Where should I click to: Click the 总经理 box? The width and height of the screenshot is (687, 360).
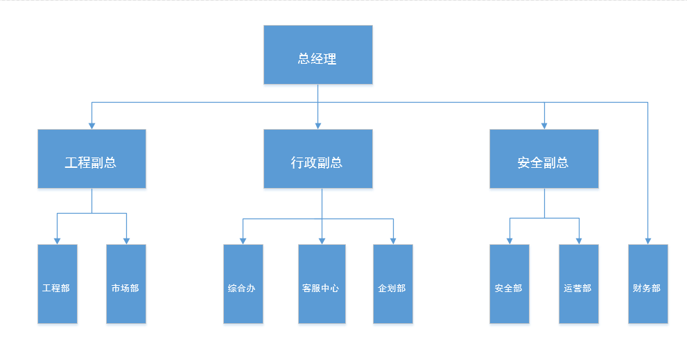[x=318, y=55]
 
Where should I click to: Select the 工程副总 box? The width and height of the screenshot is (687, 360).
[x=92, y=159]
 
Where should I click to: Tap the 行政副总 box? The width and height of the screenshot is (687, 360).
[x=318, y=159]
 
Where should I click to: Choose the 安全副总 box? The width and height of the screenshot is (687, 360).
[x=544, y=159]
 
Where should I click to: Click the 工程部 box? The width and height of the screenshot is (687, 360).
[x=58, y=284]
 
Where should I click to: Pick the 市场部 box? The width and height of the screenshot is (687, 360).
[x=126, y=284]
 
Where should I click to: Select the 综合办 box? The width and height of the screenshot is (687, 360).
[x=243, y=284]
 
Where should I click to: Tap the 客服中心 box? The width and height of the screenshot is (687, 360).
[x=322, y=284]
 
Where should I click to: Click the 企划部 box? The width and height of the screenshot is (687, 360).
[x=393, y=284]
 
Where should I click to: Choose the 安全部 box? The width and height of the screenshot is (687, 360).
[x=510, y=284]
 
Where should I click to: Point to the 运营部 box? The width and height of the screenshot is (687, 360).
[x=579, y=284]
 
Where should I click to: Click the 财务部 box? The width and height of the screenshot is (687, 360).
[x=648, y=284]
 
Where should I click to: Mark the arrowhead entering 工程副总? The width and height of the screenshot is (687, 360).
[x=92, y=126]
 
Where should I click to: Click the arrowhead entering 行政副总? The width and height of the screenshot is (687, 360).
[x=318, y=126]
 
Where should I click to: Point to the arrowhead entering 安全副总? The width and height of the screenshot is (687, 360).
[x=544, y=126]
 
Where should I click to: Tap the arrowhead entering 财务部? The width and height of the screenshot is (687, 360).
[x=648, y=241]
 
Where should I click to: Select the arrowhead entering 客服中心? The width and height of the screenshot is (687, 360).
[x=322, y=241]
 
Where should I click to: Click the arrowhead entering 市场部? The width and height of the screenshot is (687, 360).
[x=127, y=241]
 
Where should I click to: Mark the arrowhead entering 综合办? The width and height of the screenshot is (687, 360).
[x=243, y=241]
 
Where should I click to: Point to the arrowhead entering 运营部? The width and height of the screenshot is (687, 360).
[x=580, y=241]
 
